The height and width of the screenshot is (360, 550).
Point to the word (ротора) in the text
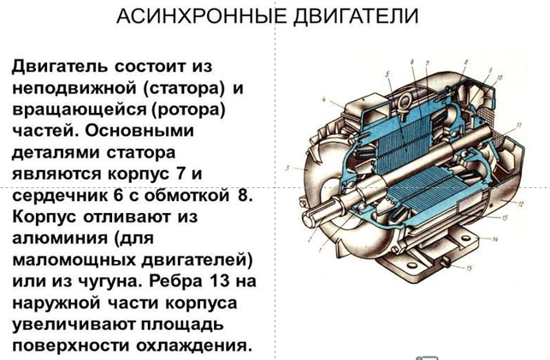point(188,109)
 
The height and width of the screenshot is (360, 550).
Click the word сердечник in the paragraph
point(56,196)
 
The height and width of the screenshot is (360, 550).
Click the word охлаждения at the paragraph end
point(194,346)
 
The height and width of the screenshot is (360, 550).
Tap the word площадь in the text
point(182,324)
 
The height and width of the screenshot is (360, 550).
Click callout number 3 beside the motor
point(287,168)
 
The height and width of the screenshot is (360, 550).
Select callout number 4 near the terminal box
point(324,100)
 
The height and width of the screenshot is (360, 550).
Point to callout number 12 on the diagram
point(521,204)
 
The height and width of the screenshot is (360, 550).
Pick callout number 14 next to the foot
point(495,239)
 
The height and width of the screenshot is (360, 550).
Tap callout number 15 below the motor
point(469,269)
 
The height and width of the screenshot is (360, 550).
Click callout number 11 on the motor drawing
point(518,125)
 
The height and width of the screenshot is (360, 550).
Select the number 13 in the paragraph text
point(221,281)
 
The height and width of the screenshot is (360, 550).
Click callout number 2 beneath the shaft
point(310,240)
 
